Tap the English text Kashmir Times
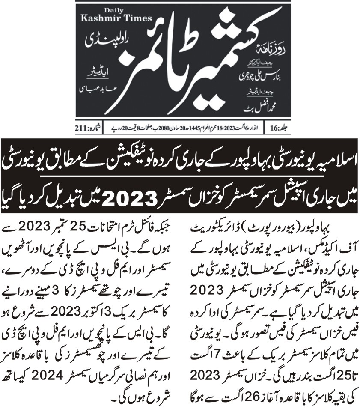point(110,19)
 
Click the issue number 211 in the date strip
point(85,128)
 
